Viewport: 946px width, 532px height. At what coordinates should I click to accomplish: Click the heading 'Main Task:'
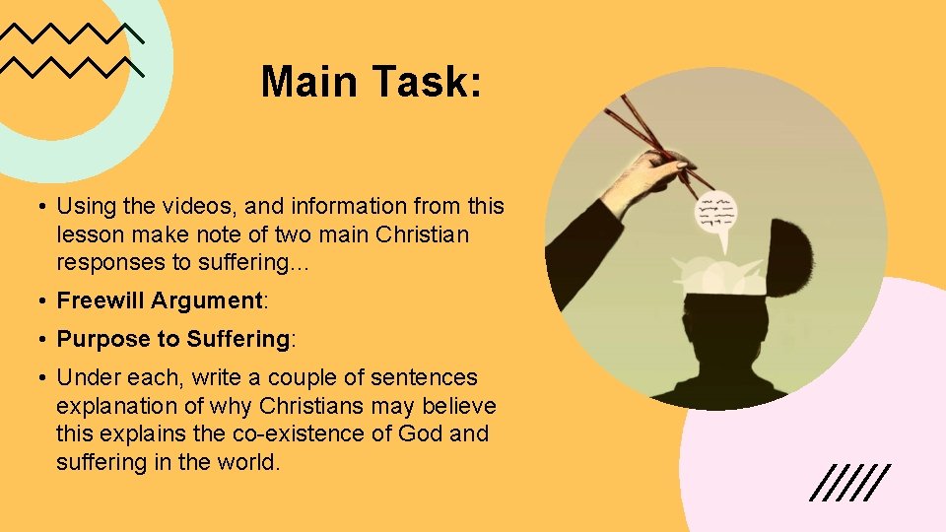tap(372, 82)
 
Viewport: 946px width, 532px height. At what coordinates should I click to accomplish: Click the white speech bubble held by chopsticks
tap(716, 216)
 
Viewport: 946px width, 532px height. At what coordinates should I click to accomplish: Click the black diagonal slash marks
tap(850, 482)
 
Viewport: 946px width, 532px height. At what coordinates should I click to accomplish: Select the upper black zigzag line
tap(72, 33)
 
